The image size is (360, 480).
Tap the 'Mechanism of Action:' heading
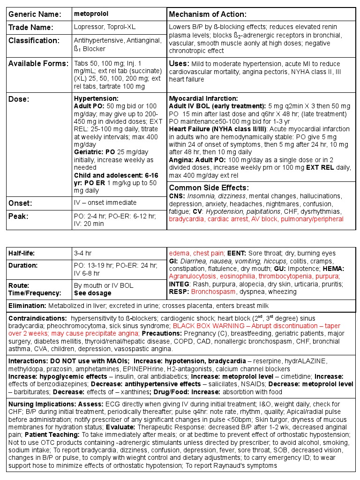tap(207, 15)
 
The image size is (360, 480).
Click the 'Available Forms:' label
tap(38, 64)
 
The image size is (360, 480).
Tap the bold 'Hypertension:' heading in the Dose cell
tap(96, 99)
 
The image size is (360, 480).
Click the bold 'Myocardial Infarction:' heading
tap(203, 99)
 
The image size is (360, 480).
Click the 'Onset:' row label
tap(20, 203)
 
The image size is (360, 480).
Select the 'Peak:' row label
tap(19, 217)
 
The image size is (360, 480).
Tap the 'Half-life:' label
tap(22, 254)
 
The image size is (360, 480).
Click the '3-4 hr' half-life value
tap(82, 254)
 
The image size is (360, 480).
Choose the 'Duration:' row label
tap(22, 266)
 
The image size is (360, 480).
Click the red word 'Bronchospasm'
tap(210, 292)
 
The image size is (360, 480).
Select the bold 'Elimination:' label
tap(26, 306)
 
